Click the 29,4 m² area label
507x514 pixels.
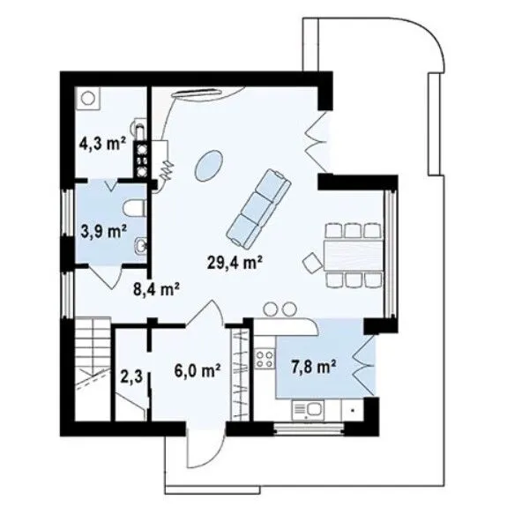coord(235,262)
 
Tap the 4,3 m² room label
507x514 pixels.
coord(102,143)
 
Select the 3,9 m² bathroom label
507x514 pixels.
coord(104,231)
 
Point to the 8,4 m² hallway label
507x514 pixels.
coord(156,289)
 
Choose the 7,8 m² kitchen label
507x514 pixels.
coord(313,367)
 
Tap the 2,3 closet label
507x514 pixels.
coord(131,376)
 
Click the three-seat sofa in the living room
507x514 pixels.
coord(258,208)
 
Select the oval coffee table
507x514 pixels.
coord(209,165)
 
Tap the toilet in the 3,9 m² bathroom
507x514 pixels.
coord(134,208)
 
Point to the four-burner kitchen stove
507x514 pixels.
coord(265,359)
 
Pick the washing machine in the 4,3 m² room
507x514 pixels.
coord(87,98)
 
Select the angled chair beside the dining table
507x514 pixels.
coord(312,262)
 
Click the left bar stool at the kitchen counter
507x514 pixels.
coord(271,309)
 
